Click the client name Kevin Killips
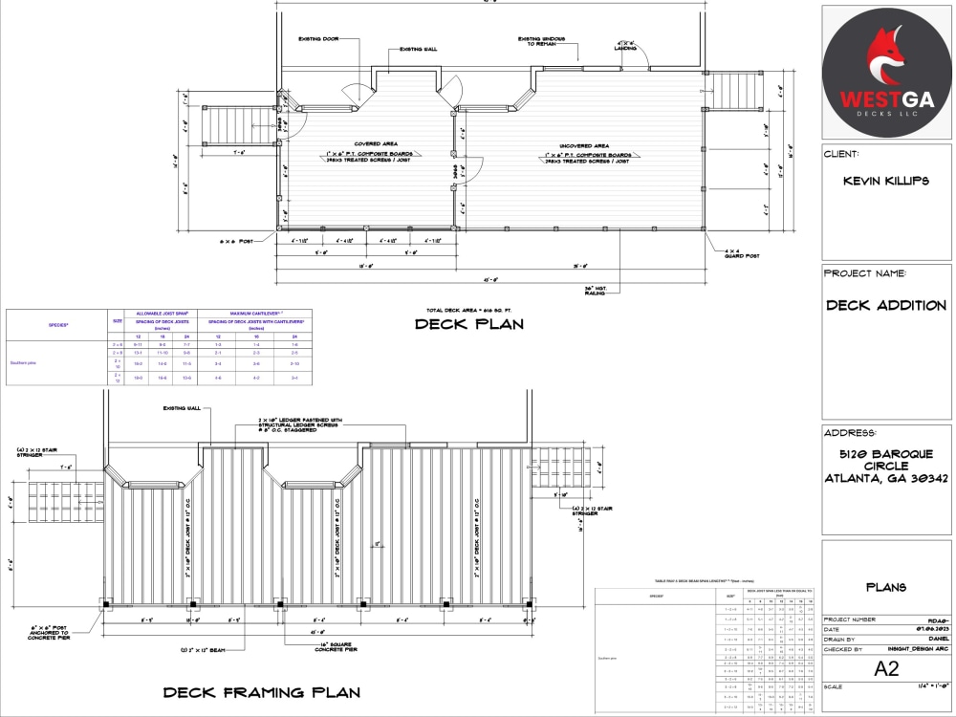coord(885,181)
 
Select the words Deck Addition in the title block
coord(885,306)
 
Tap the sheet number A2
coord(886,669)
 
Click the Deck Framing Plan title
coord(261,692)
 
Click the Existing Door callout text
coord(318,39)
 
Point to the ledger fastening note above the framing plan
coord(295,424)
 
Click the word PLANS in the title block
coord(885,588)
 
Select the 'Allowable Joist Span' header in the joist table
coord(161,314)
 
